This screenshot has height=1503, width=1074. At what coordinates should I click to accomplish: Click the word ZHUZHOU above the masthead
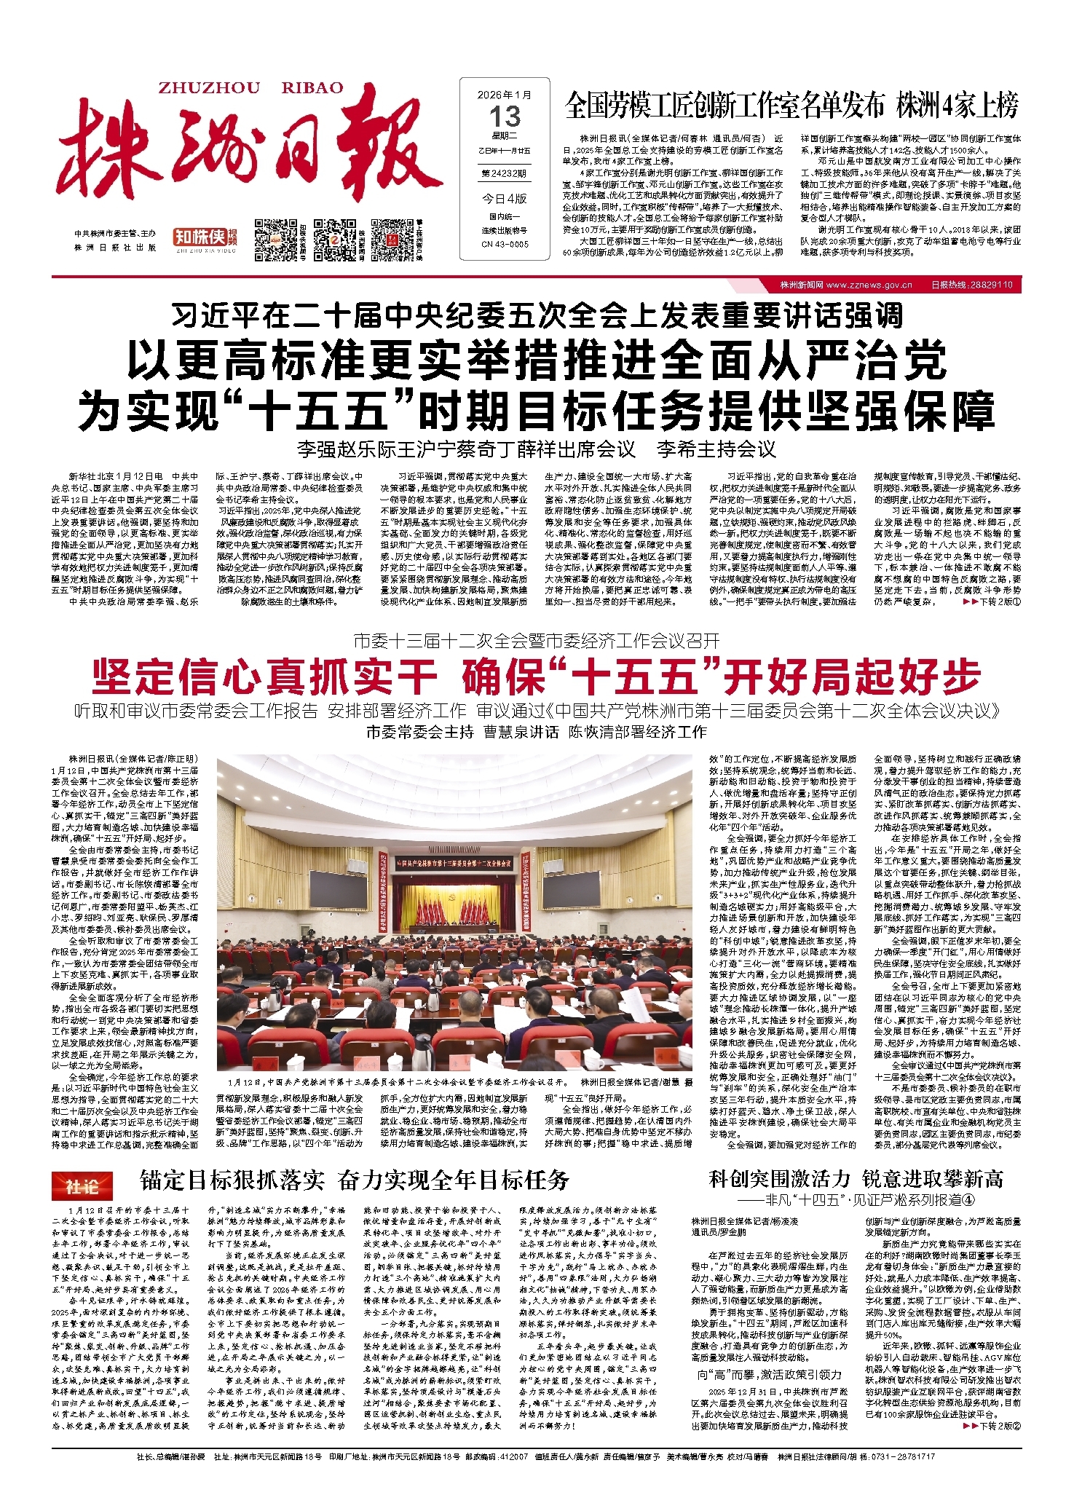coord(208,88)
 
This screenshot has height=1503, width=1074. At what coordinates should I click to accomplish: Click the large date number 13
coord(505,117)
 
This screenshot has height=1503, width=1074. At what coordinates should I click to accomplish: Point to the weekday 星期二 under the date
coord(504,136)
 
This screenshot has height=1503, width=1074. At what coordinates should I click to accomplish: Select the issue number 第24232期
coord(504,174)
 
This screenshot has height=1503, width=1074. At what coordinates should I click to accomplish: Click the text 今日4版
coord(504,199)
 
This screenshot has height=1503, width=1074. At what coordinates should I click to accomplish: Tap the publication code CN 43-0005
coord(504,244)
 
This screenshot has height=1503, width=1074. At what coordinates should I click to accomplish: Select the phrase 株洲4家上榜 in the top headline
coord(957,107)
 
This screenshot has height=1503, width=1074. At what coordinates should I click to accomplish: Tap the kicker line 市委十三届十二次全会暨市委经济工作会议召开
coord(536,641)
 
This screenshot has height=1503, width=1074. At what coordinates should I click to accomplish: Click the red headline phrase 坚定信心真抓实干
coord(264,676)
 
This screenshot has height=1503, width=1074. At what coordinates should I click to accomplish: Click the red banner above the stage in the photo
coord(465,864)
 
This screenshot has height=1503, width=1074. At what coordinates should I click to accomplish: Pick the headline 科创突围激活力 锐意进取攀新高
coord(856,1179)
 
